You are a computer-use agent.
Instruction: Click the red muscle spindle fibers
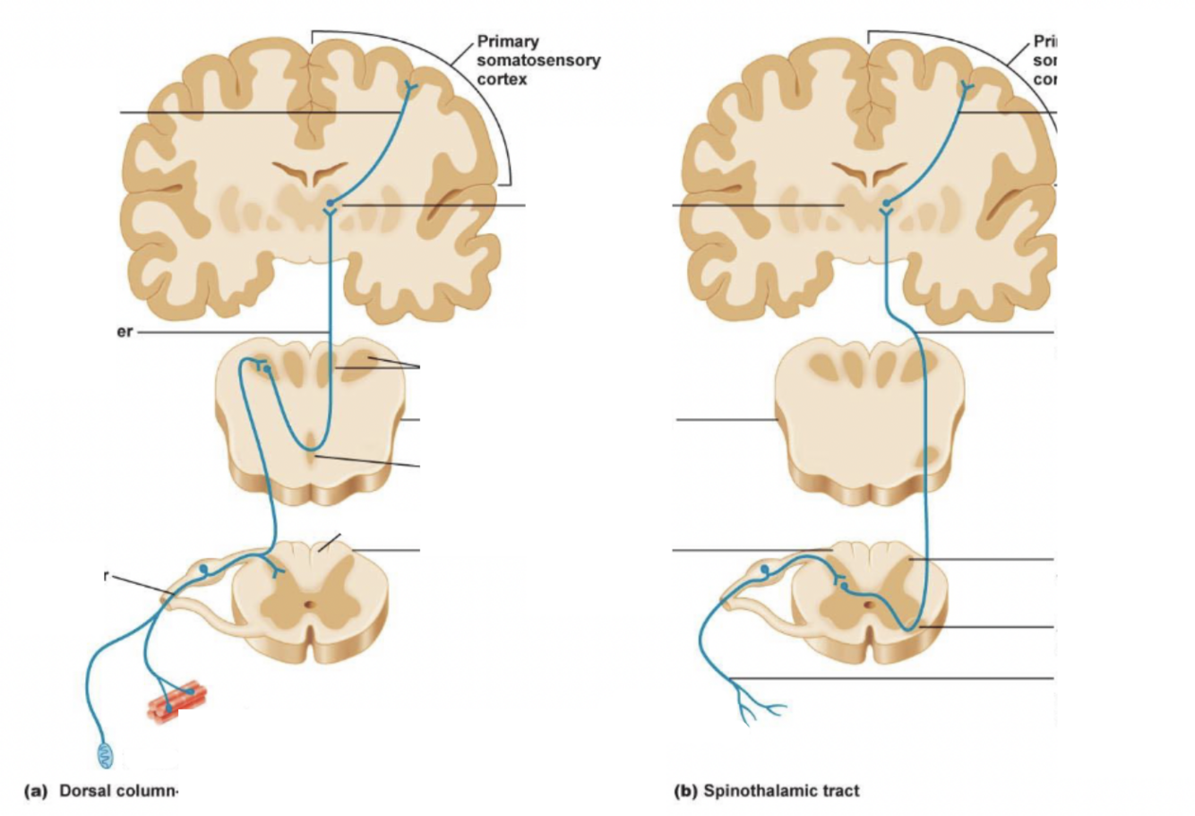point(177,700)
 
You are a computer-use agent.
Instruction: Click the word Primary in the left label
point(508,42)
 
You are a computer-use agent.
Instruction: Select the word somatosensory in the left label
point(538,61)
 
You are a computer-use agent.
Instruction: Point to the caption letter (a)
point(35,791)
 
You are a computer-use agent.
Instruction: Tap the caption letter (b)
point(685,791)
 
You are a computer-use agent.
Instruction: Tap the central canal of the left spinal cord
point(310,605)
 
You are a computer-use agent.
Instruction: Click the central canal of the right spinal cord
point(867,605)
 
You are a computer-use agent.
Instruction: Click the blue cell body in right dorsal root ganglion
point(764,569)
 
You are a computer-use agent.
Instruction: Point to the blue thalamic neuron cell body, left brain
point(331,205)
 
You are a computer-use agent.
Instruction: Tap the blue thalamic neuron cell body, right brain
point(887,205)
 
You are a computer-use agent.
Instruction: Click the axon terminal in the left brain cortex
point(410,87)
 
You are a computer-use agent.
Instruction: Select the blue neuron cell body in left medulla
point(267,368)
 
